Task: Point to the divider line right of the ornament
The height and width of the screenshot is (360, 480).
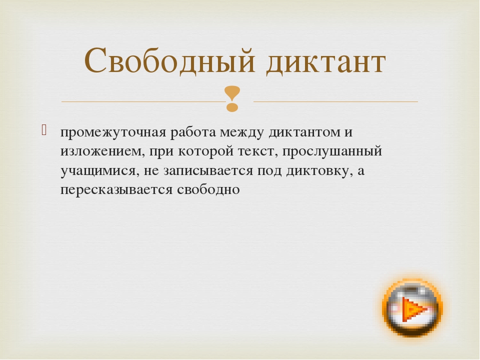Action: [335, 101]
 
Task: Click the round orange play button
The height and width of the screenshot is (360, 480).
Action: [411, 308]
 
